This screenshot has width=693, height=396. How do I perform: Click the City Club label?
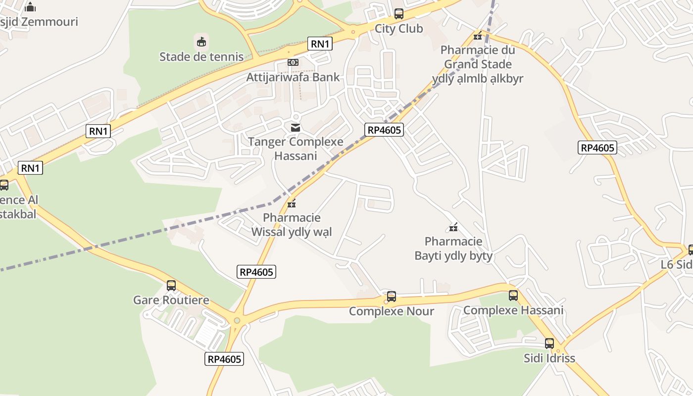[x=398, y=28]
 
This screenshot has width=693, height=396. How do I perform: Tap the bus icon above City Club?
[x=398, y=14]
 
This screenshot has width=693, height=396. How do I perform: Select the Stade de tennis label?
[x=201, y=56]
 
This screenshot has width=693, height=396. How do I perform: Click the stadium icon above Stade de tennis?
[x=201, y=42]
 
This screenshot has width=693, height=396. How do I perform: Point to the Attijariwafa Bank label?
[x=293, y=77]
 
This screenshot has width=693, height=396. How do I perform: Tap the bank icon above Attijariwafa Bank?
[x=293, y=62]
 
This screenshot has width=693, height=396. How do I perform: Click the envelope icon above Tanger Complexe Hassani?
[x=296, y=128]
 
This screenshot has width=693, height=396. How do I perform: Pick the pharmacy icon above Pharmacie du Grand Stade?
[x=478, y=36]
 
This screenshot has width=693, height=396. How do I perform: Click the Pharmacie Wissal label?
[x=292, y=225]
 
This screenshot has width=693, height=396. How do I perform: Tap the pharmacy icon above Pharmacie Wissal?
[x=292, y=203]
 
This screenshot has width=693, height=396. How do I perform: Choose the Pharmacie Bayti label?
[x=453, y=248]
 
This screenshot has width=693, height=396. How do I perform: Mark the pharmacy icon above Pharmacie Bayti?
[x=453, y=227]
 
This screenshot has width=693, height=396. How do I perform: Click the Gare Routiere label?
[x=171, y=300]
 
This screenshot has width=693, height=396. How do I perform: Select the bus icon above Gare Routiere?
[x=171, y=286]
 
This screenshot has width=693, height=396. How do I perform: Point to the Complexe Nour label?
[x=392, y=311]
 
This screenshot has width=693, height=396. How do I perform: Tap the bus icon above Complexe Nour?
[x=392, y=297]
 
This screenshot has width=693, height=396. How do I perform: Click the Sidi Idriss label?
[x=549, y=358]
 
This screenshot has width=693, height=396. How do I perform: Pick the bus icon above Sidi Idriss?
[x=549, y=344]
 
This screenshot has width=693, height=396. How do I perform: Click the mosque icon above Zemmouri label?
[x=30, y=7]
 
